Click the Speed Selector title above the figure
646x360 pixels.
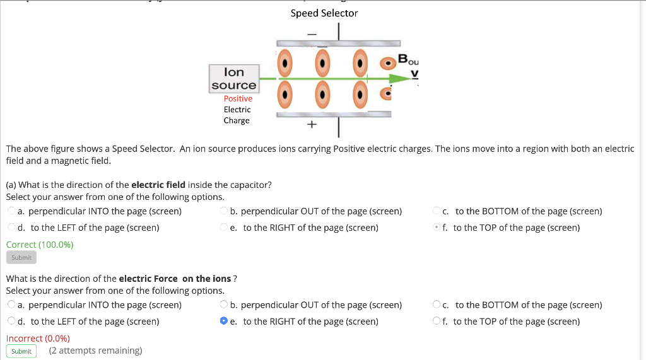pos(324,13)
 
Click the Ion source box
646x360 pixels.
pos(234,79)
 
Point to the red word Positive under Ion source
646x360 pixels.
pos(238,98)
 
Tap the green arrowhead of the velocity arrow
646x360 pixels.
pos(399,79)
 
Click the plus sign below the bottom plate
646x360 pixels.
pos(311,125)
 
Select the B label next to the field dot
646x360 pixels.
pos(404,61)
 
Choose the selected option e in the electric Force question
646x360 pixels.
pos(224,321)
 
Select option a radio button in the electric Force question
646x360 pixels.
pos(11,305)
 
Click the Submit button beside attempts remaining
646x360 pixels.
pos(21,351)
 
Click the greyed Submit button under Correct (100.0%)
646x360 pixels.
pos(21,257)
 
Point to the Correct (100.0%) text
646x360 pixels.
pos(40,245)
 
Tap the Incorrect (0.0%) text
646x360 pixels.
pos(38,338)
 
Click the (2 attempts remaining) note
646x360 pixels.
pos(95,351)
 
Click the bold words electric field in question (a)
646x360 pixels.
pos(158,185)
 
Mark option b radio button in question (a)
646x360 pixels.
pos(224,211)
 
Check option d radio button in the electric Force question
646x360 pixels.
pos(11,321)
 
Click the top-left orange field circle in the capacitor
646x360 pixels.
pos(286,62)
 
